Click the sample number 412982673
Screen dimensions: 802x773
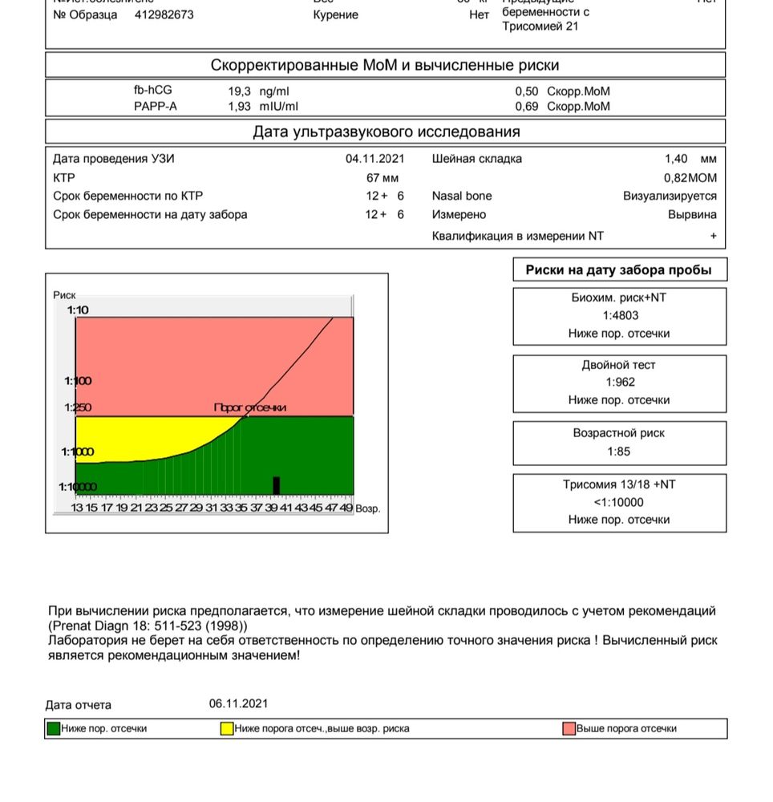pyautogui.click(x=164, y=14)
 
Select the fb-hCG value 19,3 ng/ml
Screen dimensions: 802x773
pyautogui.click(x=258, y=91)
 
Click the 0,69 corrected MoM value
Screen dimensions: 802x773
pyautogui.click(x=527, y=106)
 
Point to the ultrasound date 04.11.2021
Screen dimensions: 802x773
pyautogui.click(x=374, y=159)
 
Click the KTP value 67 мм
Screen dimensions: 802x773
pyautogui.click(x=382, y=177)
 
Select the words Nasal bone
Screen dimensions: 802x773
pyautogui.click(x=462, y=196)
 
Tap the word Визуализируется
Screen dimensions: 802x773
pyautogui.click(x=670, y=196)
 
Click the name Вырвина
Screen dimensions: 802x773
pyautogui.click(x=692, y=215)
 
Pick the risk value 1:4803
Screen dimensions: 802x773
pyautogui.click(x=619, y=315)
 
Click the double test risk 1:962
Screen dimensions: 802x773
pyautogui.click(x=619, y=382)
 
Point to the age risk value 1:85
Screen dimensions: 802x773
pyautogui.click(x=619, y=451)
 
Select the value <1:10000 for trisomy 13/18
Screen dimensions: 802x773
pyautogui.click(x=619, y=502)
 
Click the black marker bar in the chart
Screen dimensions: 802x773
pyautogui.click(x=277, y=485)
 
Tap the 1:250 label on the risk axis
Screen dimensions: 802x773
pyautogui.click(x=78, y=408)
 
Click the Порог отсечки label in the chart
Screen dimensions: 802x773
pyautogui.click(x=249, y=407)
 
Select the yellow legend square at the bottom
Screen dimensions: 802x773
pyautogui.click(x=227, y=728)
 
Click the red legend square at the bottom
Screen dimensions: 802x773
pyautogui.click(x=569, y=728)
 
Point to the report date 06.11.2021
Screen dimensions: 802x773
pyautogui.click(x=238, y=703)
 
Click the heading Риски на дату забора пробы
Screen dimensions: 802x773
pyautogui.click(x=618, y=269)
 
